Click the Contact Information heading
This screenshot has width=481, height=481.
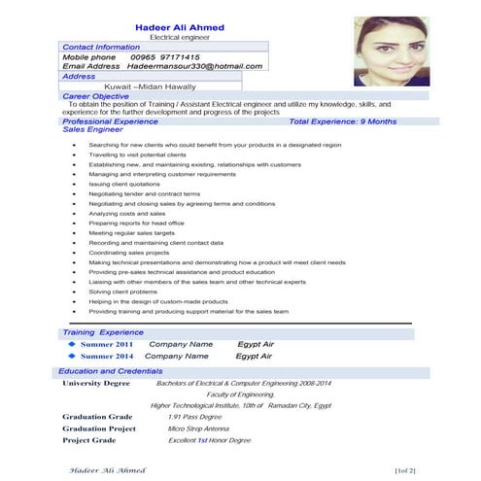(x=102, y=47)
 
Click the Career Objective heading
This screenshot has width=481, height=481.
(x=95, y=97)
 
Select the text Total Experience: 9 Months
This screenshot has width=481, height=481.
(x=343, y=121)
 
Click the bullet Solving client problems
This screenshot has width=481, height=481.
(x=122, y=292)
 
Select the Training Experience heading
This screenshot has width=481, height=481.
(x=103, y=332)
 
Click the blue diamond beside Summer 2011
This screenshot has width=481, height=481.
(x=71, y=344)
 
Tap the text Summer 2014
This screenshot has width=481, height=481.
(x=107, y=357)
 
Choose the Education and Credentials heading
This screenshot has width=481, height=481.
(x=111, y=371)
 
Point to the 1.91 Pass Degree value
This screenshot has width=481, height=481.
(x=198, y=416)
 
